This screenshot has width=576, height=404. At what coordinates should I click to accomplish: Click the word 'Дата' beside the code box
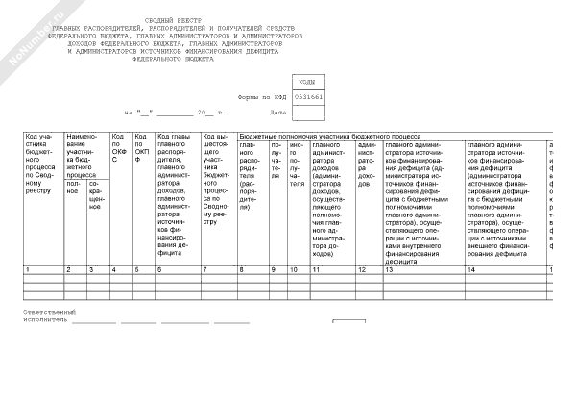click(278, 113)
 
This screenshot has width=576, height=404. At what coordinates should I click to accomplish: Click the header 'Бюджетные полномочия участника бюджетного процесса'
click(328, 138)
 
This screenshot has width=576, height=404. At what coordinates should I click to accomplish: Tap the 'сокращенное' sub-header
click(96, 192)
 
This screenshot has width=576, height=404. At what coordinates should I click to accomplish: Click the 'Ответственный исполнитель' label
click(48, 316)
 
